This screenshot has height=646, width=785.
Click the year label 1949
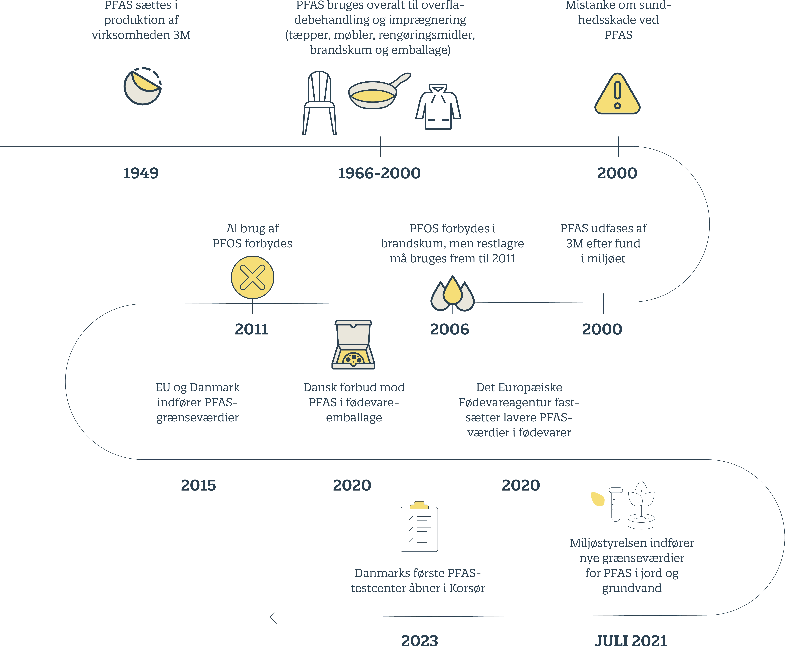(x=141, y=173)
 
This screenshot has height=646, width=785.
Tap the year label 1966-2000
(x=379, y=173)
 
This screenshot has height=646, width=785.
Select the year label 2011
(x=252, y=329)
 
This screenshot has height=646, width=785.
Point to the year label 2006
(x=450, y=329)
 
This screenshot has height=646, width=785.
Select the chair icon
(x=319, y=103)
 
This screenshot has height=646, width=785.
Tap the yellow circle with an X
(x=253, y=277)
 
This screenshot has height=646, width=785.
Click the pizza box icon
(x=353, y=345)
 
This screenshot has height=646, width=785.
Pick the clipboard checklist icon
(x=419, y=527)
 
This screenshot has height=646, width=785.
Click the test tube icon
(x=616, y=505)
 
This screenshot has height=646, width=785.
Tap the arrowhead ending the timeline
(x=273, y=617)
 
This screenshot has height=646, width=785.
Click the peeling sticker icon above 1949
(x=142, y=86)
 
